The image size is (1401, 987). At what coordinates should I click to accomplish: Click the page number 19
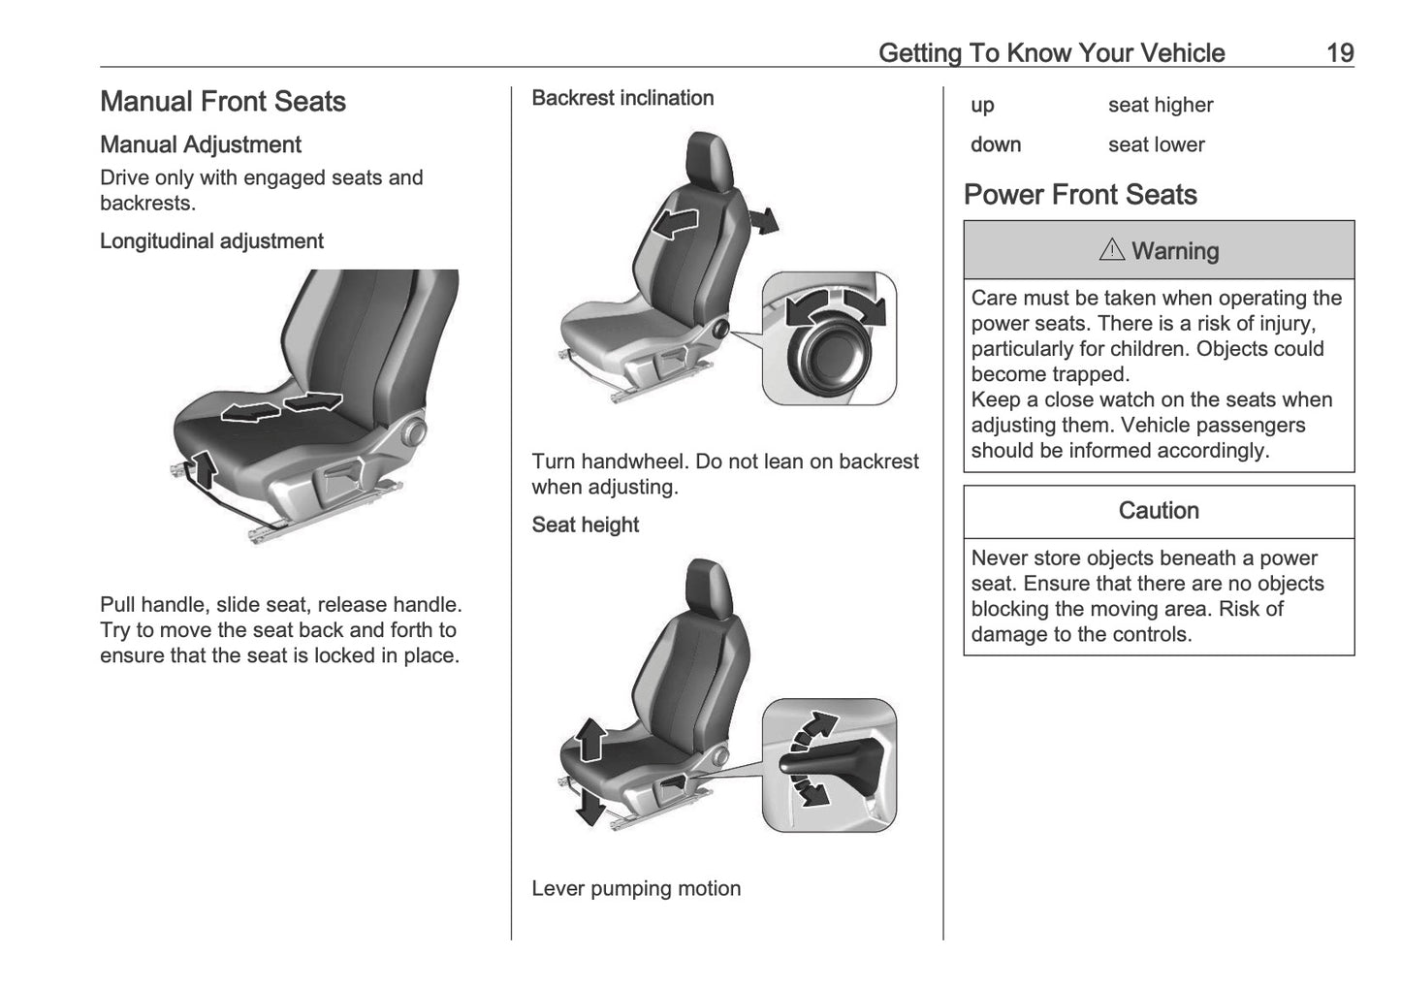pos(1339,53)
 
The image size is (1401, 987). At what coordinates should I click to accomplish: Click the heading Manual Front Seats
pos(223,102)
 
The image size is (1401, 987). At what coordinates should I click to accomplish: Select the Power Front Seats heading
pos(1080,195)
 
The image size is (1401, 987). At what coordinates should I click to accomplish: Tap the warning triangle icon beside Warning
pos(1111,250)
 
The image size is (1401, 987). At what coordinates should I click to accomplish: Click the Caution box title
pos(1159,511)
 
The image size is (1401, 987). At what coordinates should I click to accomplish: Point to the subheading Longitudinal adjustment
pos(211,241)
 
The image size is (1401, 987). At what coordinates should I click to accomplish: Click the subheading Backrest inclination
pos(622,98)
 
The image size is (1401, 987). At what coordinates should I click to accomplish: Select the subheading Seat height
pos(585,525)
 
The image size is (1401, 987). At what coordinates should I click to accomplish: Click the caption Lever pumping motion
pos(636,888)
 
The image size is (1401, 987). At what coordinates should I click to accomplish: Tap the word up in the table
pos(982,105)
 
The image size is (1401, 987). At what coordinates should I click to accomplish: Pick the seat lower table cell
pos(1156,144)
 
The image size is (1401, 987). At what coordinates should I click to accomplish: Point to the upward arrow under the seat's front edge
pos(204,469)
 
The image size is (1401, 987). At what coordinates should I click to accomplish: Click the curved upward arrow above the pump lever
pos(815,728)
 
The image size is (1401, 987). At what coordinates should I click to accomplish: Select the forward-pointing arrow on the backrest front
pos(676,223)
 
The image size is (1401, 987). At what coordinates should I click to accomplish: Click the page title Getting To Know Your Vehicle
pos(1051,53)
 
